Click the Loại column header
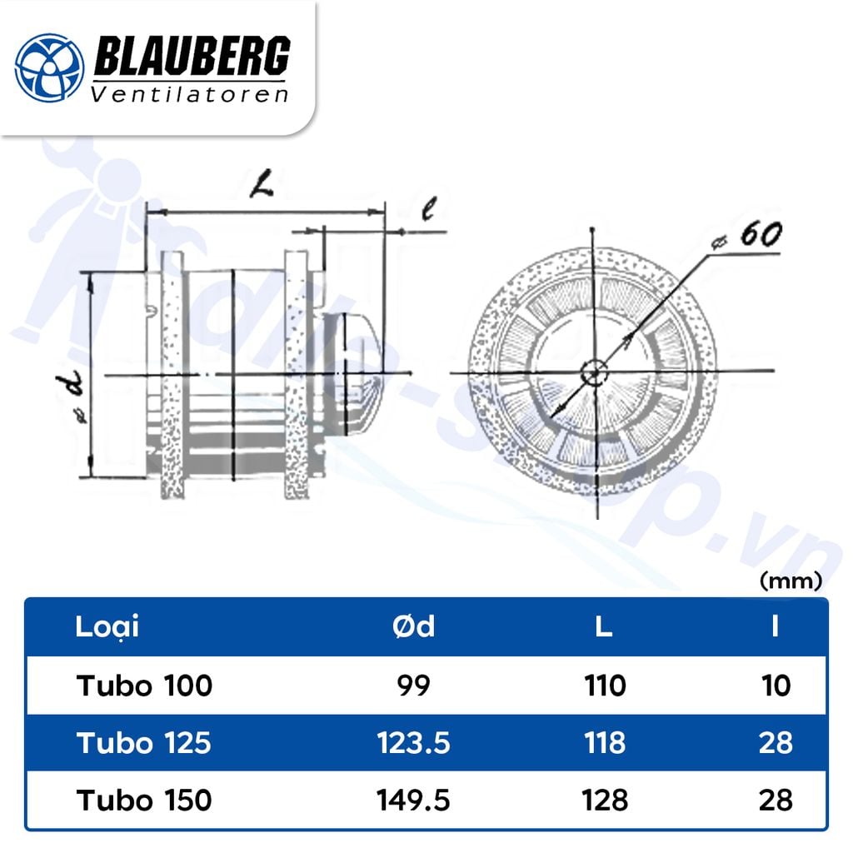(x=107, y=626)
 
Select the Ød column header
(x=414, y=626)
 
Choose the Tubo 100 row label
(x=145, y=686)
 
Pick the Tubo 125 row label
(x=144, y=743)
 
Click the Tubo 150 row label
(x=144, y=801)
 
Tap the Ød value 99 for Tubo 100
(x=414, y=686)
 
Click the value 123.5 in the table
(x=414, y=743)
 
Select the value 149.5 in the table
(x=414, y=801)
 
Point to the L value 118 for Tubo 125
(x=605, y=743)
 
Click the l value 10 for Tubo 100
(x=775, y=686)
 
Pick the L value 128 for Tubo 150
(x=605, y=801)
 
